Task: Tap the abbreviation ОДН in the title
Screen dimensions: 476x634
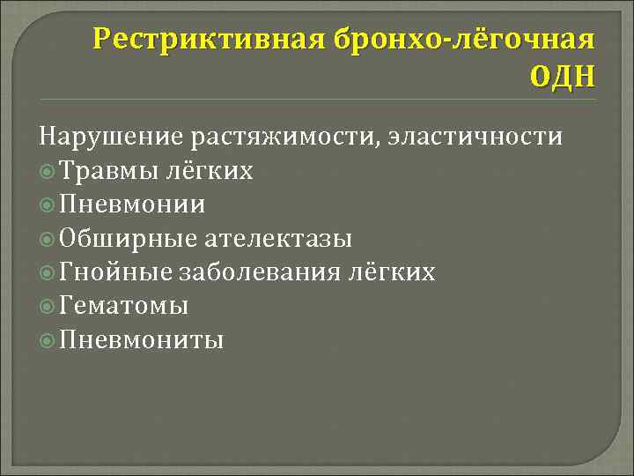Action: coord(562,78)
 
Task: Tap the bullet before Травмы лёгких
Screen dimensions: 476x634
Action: coord(48,171)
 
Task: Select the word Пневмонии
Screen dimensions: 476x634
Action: coord(133,205)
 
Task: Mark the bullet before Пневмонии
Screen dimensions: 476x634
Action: coord(48,205)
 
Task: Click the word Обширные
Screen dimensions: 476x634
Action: coord(129,238)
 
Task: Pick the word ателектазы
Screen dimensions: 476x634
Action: coord(279,238)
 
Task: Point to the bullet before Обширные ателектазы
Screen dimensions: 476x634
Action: coord(48,239)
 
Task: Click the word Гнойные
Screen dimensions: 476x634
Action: coord(116,272)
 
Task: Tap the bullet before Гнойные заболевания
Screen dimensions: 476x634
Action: coord(48,272)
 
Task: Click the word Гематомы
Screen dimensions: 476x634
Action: coord(124,306)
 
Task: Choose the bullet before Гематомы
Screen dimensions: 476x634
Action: coord(48,306)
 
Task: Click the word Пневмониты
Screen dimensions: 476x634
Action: coord(142,339)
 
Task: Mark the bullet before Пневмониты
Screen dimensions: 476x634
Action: coord(48,340)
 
